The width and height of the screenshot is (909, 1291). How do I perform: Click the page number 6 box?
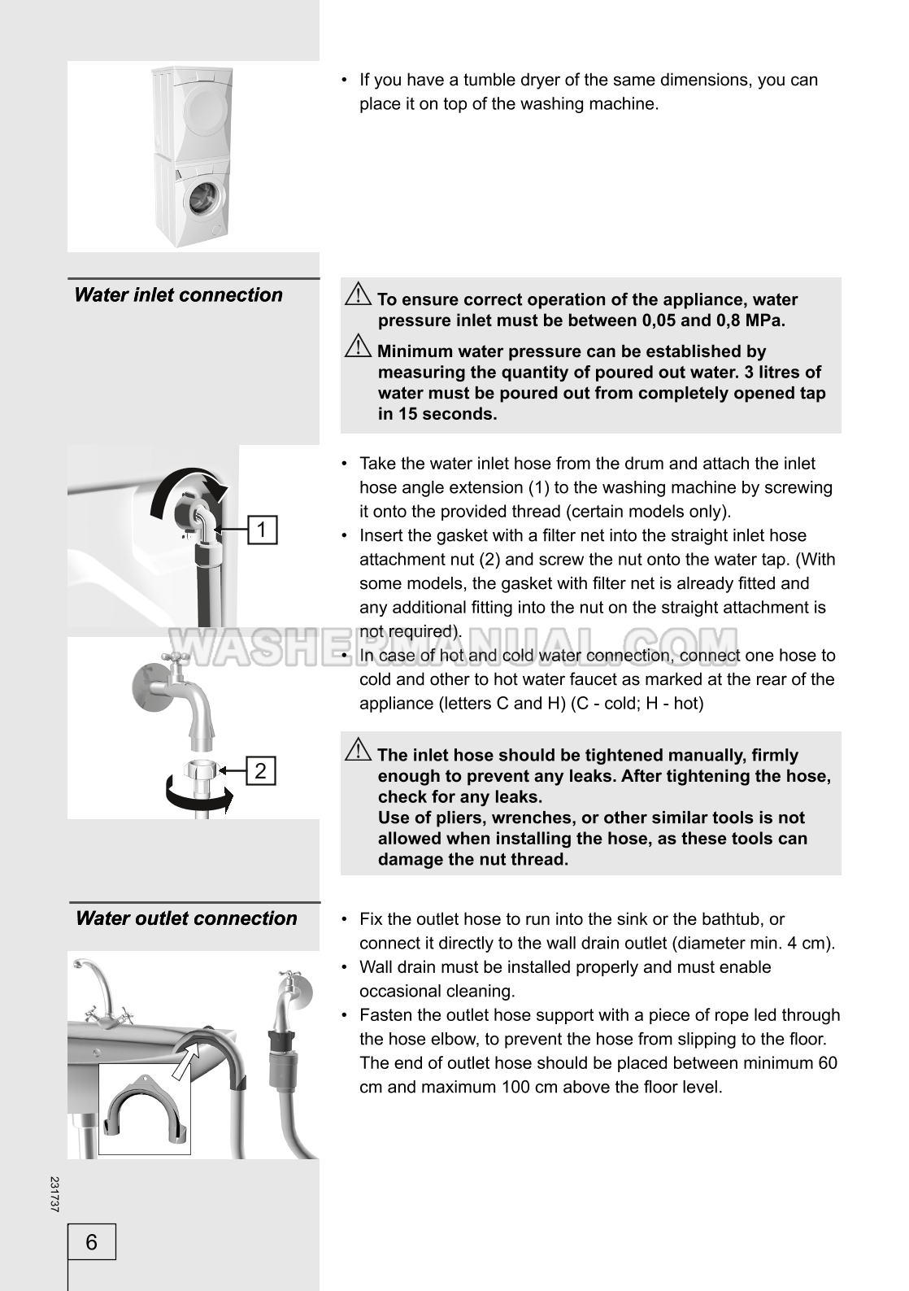(92, 1241)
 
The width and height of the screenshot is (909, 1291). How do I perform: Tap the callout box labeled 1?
(262, 530)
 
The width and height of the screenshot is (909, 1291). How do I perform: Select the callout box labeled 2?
(261, 770)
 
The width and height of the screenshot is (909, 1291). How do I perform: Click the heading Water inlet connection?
(179, 295)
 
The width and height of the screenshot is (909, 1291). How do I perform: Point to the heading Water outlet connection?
(186, 918)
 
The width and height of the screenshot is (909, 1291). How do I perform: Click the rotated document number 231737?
(54, 1194)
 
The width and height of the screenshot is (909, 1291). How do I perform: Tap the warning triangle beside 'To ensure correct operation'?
(358, 294)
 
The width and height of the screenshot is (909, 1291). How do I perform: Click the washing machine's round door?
(202, 201)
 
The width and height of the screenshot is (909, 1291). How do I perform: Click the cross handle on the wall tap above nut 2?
(172, 657)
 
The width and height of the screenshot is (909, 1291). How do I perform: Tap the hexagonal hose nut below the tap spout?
(201, 769)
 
